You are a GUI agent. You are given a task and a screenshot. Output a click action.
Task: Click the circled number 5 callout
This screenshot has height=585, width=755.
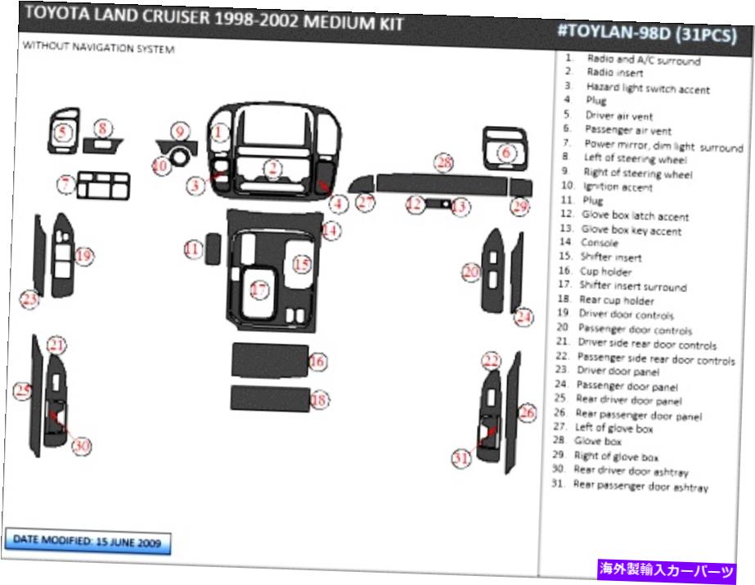63,131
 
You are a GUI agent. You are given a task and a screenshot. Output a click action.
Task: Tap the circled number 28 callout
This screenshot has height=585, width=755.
443,163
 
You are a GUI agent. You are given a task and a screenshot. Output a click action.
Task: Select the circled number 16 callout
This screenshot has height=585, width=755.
317,361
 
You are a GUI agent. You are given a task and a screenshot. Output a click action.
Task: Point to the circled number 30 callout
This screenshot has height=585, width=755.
81,446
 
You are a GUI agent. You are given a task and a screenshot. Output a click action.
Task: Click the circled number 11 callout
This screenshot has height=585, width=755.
193,249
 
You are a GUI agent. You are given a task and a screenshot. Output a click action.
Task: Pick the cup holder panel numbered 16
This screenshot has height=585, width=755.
270,360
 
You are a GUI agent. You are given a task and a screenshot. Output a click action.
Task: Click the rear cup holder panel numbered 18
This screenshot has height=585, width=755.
270,398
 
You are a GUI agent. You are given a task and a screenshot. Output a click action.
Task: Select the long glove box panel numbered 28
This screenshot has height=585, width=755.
442,185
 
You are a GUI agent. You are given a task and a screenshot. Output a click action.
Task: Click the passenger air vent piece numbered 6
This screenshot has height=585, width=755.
504,148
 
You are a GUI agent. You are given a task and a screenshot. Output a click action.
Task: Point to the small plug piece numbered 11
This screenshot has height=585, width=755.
213,249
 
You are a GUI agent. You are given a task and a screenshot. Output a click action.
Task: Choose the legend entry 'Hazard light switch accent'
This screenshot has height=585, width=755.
648,88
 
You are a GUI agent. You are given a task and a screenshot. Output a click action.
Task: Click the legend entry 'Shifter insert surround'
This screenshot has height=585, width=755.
632,286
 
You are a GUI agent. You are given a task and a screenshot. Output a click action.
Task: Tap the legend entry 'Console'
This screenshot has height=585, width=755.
599,243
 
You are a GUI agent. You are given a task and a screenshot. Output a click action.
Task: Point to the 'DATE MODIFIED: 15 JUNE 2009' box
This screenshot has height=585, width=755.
88,542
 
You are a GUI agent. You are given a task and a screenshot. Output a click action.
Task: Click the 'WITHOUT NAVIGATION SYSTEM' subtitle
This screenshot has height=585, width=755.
99,47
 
